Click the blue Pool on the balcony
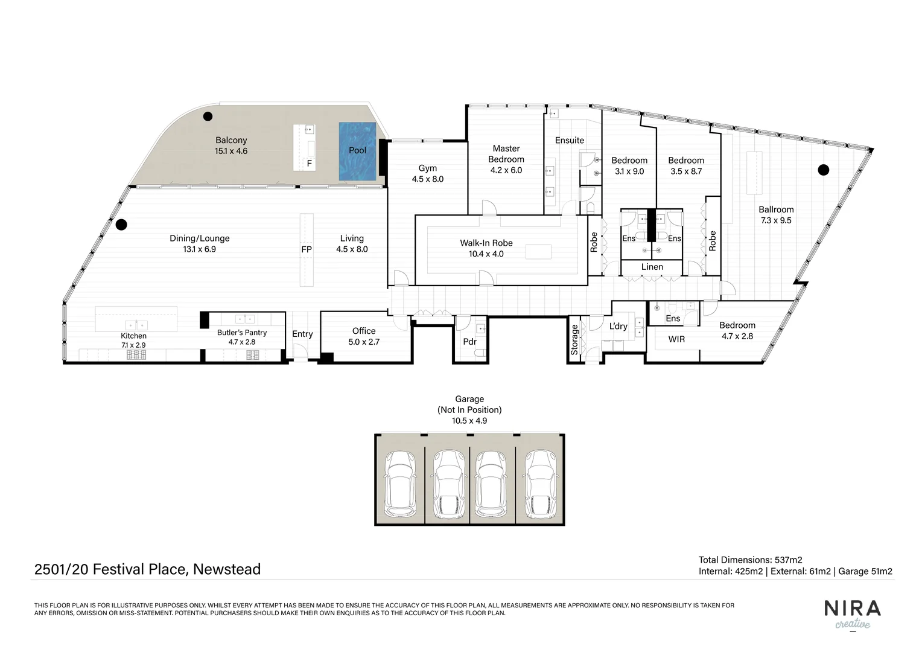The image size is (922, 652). (358, 151)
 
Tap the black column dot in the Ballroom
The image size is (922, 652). (823, 170)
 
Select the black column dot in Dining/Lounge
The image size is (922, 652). (121, 225)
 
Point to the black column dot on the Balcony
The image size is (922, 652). (208, 117)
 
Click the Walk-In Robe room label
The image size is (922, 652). (486, 248)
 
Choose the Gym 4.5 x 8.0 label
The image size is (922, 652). (427, 174)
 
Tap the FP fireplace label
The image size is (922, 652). (307, 249)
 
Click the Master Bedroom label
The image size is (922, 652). (506, 159)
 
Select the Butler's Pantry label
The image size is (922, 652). (241, 337)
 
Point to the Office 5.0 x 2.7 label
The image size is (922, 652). (364, 336)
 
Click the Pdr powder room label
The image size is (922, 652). (469, 342)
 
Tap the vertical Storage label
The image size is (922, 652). (574, 339)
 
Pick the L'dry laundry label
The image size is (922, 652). (618, 327)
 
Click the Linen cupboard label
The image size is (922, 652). (652, 267)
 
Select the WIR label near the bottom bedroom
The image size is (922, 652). (676, 339)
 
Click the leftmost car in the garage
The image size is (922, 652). (400, 484)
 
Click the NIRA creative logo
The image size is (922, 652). (852, 614)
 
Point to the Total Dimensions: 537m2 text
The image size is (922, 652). (750, 560)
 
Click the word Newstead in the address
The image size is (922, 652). (227, 569)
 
